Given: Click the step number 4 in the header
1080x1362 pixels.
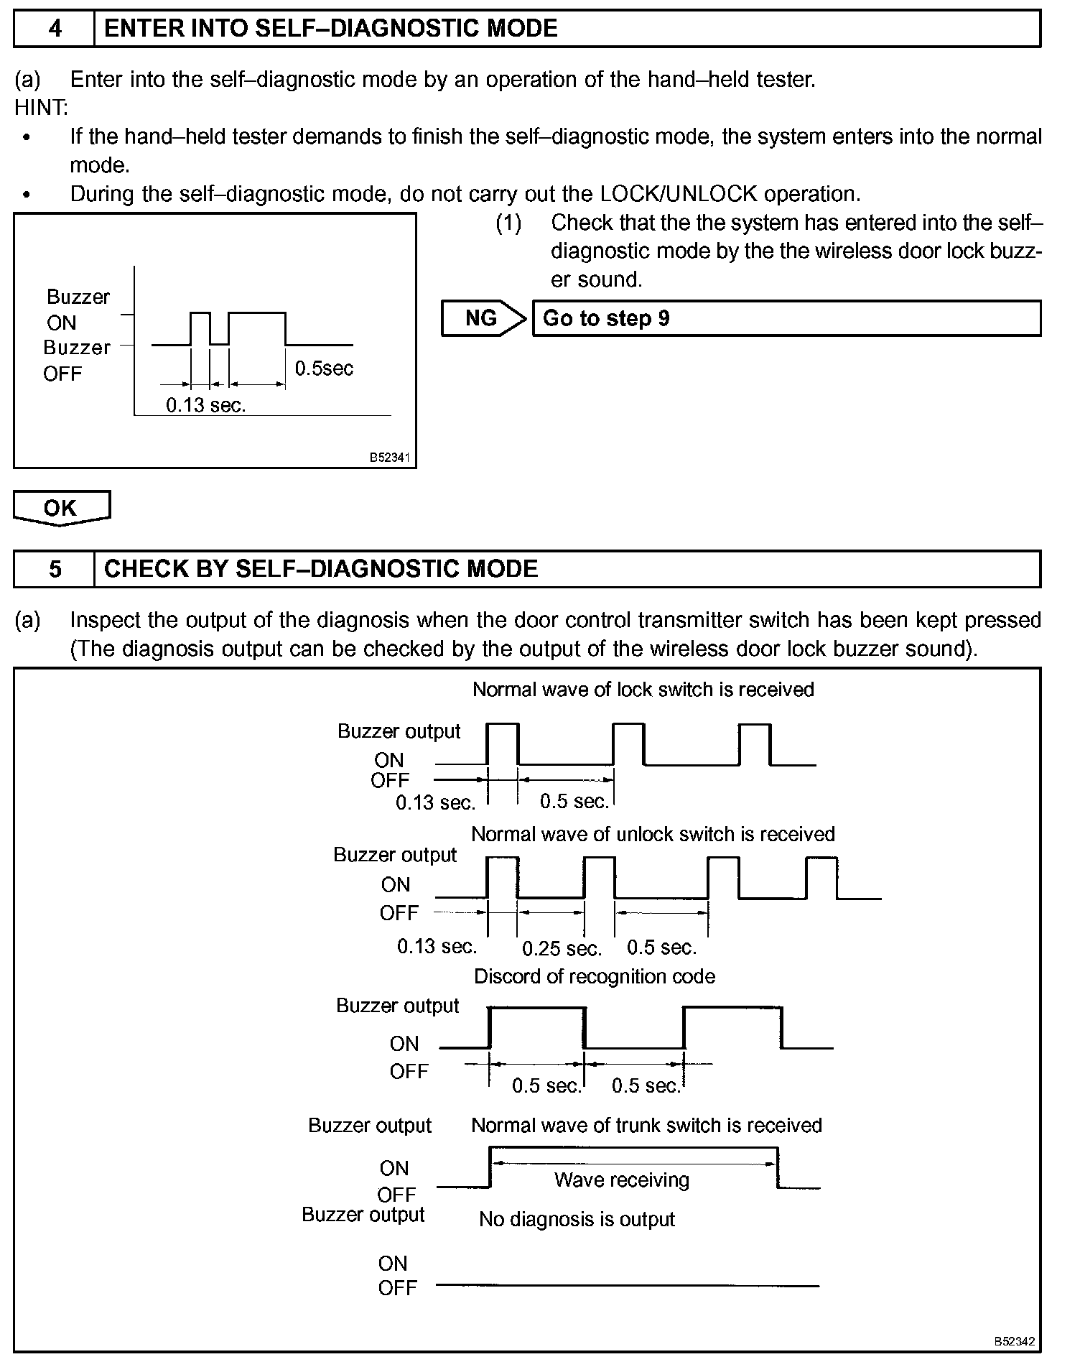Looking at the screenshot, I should pos(55,29).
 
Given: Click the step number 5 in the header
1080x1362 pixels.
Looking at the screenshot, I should pos(55,570).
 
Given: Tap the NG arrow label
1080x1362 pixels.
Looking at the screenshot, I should pos(481,318).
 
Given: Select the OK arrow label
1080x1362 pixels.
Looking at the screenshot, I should pos(60,508).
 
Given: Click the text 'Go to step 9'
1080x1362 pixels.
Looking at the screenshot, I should pos(606,318).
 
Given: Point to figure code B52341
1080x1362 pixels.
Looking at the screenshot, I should pos(389,457).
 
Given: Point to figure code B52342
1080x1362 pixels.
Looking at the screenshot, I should pos(1014,1340).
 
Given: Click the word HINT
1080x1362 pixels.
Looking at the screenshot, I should pos(41,108).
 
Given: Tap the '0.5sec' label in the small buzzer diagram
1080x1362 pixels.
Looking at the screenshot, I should pos(324,369).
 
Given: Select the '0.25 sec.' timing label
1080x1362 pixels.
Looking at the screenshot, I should pos(562,949).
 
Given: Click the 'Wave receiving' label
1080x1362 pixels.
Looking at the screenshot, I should pos(621,1180).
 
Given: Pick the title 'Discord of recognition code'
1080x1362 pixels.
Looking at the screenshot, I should pos(595,977).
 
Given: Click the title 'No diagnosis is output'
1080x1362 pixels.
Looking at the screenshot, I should pos(577,1219).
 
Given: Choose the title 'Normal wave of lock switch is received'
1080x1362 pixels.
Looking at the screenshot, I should pos(643,690).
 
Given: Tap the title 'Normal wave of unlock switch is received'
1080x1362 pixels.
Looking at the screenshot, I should pos(653,834).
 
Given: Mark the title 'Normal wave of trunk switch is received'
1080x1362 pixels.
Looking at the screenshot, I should pos(646,1125).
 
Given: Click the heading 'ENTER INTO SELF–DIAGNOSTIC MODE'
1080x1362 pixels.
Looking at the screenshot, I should pos(331,29).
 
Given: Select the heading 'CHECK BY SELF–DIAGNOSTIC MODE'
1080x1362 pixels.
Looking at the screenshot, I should pos(321,570).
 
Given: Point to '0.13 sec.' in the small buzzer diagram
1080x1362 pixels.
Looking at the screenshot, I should pos(206,405).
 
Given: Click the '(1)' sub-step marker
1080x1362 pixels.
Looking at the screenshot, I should pos(508,223).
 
